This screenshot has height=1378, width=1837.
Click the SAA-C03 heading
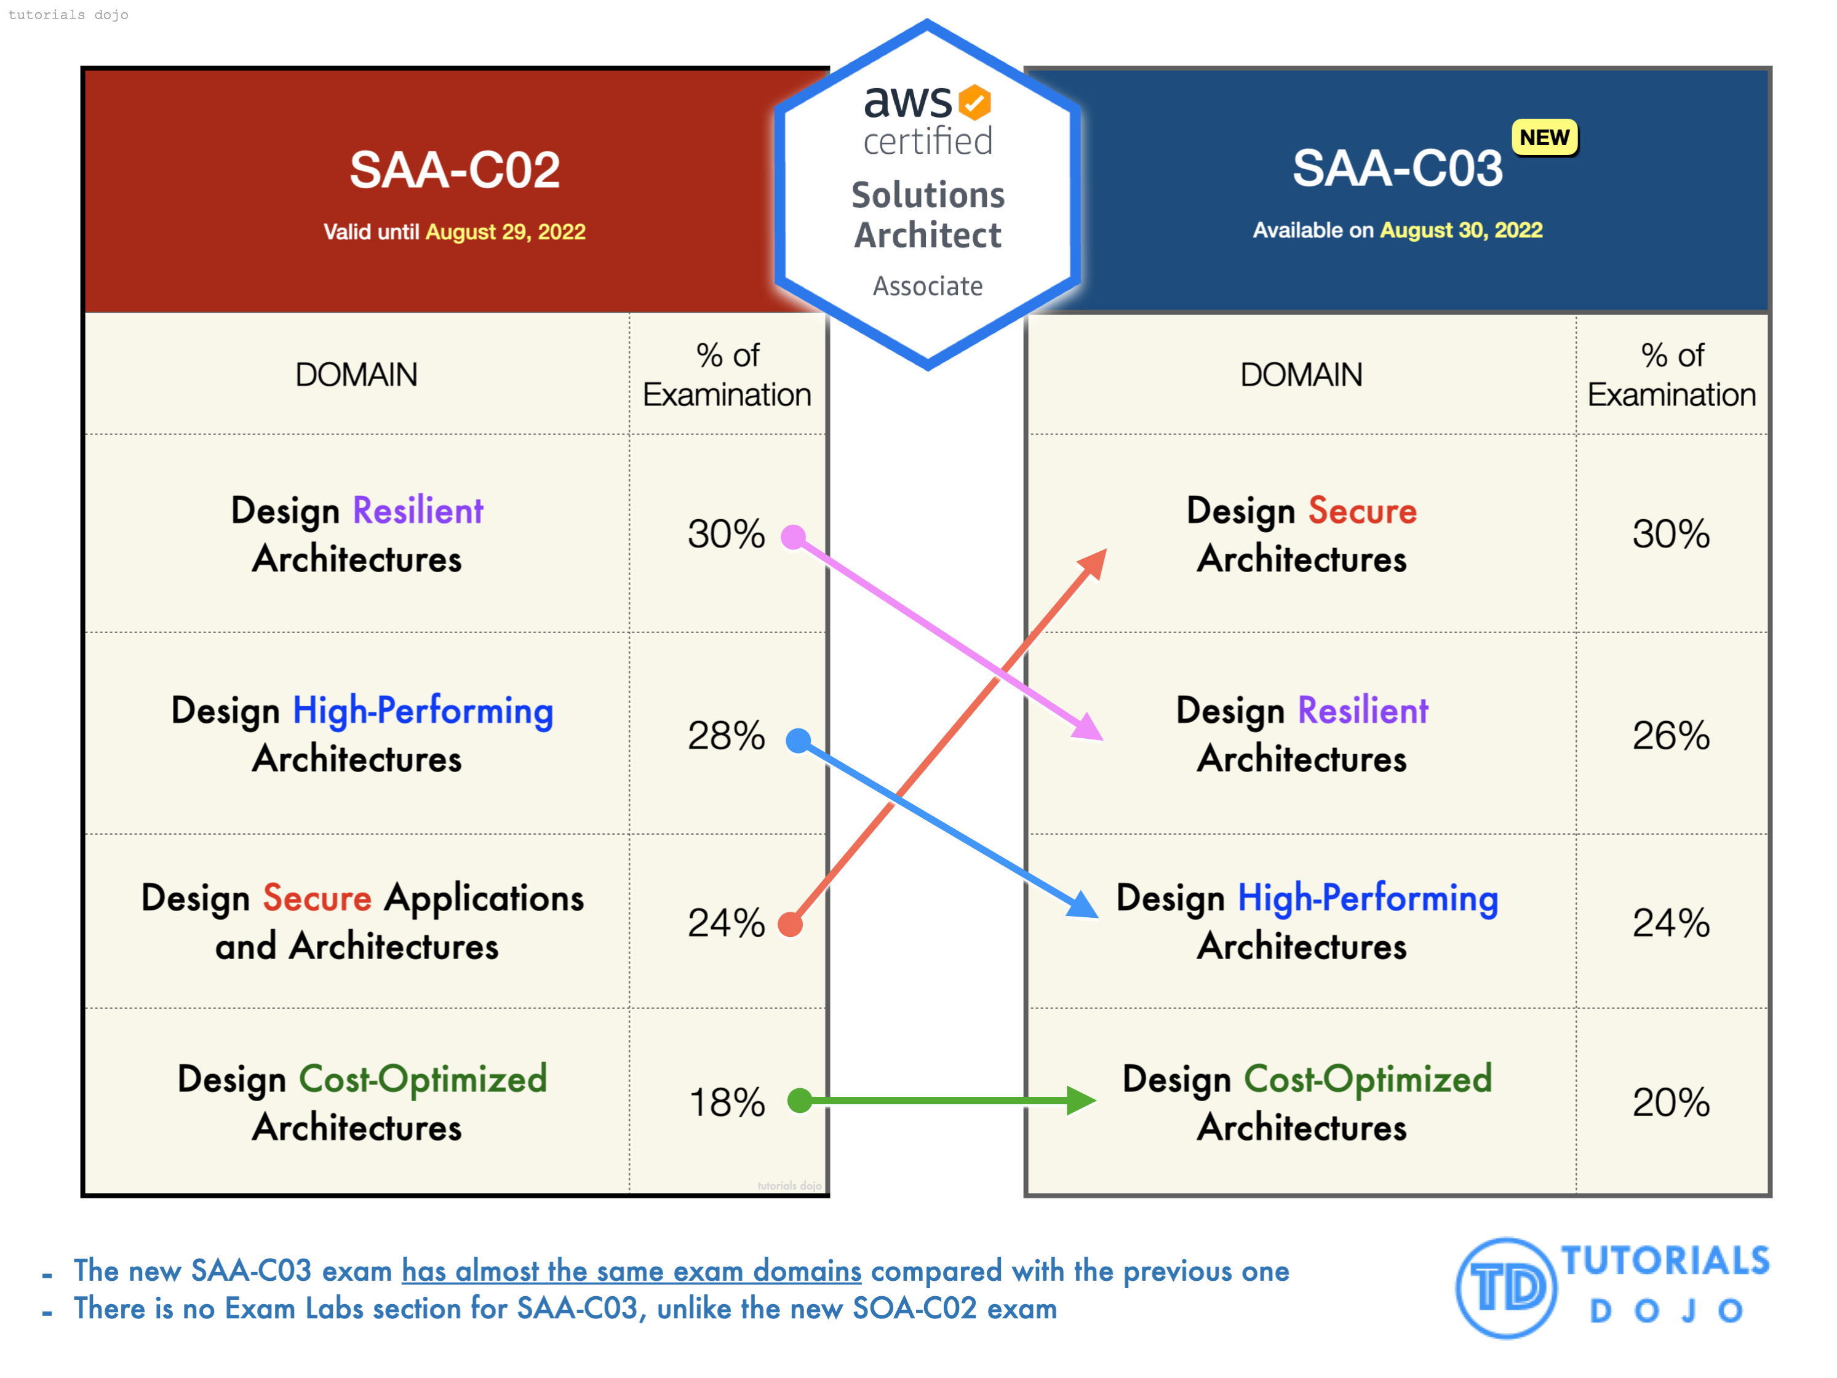coord(1397,169)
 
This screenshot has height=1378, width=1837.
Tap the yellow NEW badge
coord(1544,138)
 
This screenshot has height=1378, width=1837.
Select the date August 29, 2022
coord(505,232)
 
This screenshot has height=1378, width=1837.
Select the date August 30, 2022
coord(1460,230)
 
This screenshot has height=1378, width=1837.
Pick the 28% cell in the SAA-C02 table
coord(726,736)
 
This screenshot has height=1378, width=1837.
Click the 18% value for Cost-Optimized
coord(727,1103)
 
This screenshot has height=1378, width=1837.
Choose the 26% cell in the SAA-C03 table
coord(1670,736)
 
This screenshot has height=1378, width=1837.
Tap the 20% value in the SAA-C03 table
coord(1670,1103)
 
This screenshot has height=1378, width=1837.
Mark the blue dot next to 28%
coord(798,740)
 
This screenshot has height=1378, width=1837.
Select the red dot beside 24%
coord(791,923)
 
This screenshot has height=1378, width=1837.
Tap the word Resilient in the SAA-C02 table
coord(418,511)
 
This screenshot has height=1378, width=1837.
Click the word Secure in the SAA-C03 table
coord(1362,511)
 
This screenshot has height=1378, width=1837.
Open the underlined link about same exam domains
coord(631,1271)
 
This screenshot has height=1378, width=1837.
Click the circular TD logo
coord(1505,1288)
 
